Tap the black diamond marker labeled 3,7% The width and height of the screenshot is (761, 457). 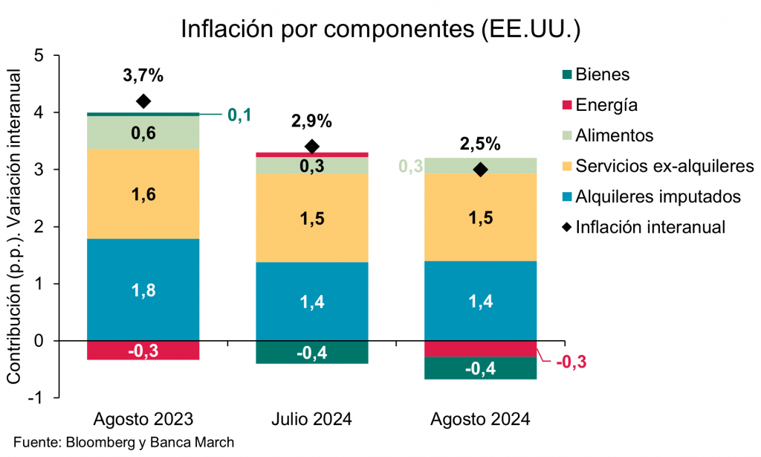pyautogui.click(x=143, y=101)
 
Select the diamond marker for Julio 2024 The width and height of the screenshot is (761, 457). pyautogui.click(x=312, y=147)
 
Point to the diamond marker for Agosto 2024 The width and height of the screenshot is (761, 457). pyautogui.click(x=481, y=170)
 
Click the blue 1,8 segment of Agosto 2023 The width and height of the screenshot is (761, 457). pyautogui.click(x=143, y=290)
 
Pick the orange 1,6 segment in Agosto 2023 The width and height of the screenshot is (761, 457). pyautogui.click(x=143, y=194)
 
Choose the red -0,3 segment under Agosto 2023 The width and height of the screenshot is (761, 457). pyautogui.click(x=143, y=351)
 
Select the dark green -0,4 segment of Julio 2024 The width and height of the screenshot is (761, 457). pyautogui.click(x=312, y=352)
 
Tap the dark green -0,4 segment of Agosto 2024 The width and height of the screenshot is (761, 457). pyautogui.click(x=481, y=368)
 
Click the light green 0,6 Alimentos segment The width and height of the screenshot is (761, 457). pyautogui.click(x=143, y=132)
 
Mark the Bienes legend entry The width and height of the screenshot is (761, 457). pyautogui.click(x=602, y=74)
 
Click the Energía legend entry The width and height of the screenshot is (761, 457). pyautogui.click(x=606, y=105)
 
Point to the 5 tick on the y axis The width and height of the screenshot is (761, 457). pyautogui.click(x=39, y=56)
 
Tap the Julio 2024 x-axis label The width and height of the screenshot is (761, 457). pyautogui.click(x=312, y=419)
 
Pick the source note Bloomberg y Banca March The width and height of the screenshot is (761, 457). pyautogui.click(x=123, y=442)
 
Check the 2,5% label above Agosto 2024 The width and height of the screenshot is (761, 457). pyautogui.click(x=481, y=144)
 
